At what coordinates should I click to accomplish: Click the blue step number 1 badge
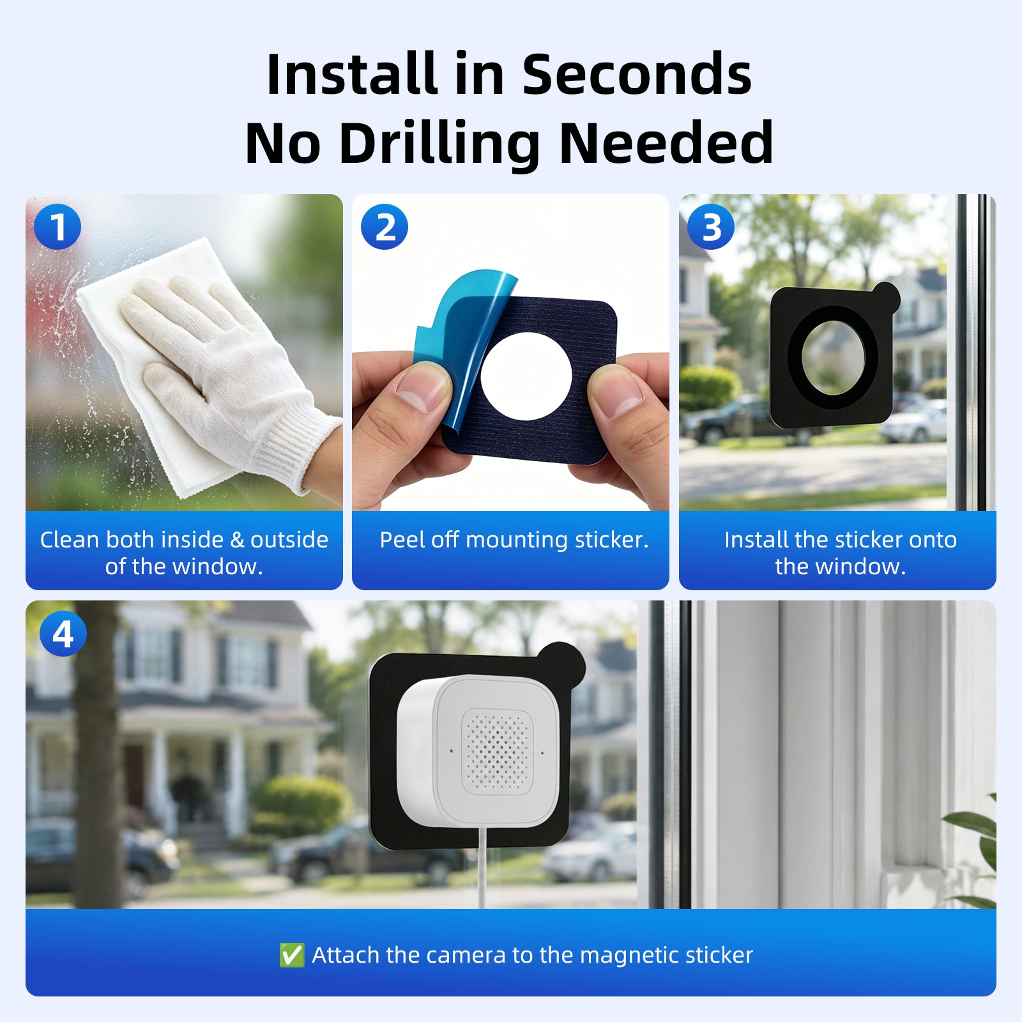tap(57, 227)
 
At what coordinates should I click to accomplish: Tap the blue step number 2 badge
tap(385, 227)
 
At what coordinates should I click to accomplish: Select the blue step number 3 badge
tap(711, 227)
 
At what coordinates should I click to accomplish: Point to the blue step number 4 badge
tap(63, 634)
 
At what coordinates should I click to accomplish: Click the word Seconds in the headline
tap(637, 75)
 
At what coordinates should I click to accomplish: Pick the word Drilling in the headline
tap(440, 144)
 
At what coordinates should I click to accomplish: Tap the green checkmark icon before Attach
tap(292, 955)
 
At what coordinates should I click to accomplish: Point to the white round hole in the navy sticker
tap(526, 376)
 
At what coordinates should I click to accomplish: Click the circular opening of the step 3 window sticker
tap(833, 357)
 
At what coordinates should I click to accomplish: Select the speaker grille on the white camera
tap(497, 751)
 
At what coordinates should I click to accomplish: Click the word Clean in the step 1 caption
tap(70, 540)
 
